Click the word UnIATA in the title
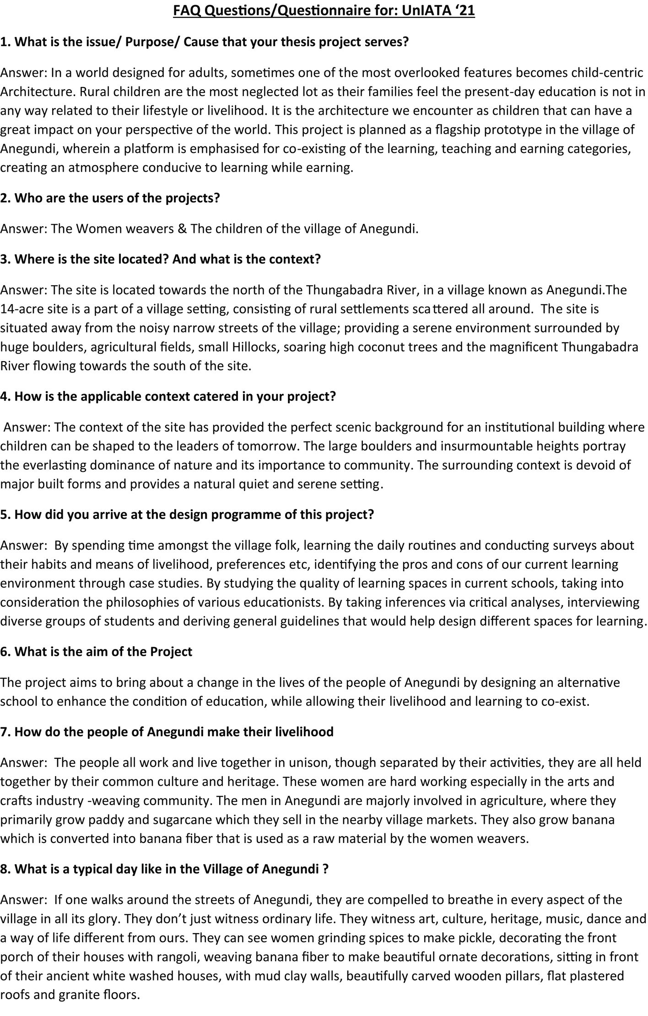point(422,11)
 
